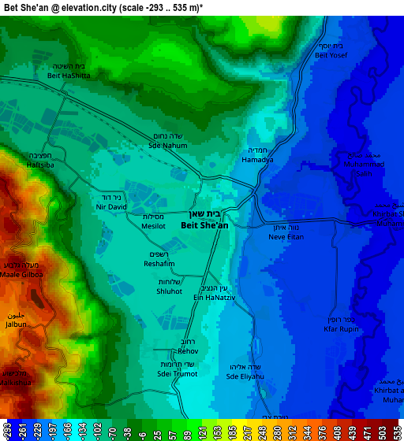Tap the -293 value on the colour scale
6,432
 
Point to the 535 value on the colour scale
397,432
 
